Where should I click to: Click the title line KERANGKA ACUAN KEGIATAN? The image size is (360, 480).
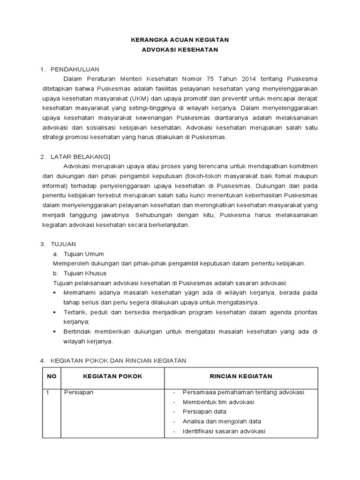click(x=180, y=40)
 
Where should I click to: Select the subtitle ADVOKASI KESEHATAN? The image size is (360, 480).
click(x=180, y=50)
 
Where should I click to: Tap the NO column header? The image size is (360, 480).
click(x=52, y=376)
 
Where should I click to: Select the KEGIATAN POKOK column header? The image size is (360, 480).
click(x=112, y=376)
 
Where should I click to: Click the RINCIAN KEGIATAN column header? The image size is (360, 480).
click(x=240, y=376)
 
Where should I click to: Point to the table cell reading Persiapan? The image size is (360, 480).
click(x=79, y=392)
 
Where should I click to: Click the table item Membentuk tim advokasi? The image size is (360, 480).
click(x=218, y=402)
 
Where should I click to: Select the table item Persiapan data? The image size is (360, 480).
click(x=204, y=412)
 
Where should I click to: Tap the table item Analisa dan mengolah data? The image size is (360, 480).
click(x=222, y=421)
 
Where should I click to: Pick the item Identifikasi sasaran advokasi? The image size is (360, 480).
click(x=224, y=431)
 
